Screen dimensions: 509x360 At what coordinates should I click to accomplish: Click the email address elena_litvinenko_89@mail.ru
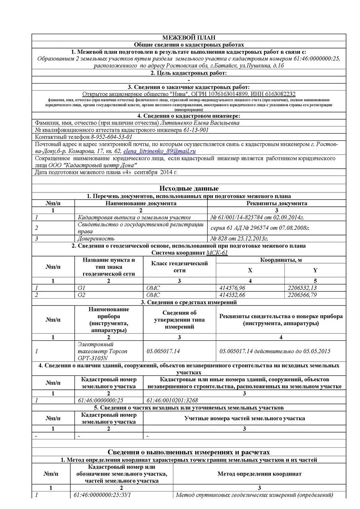(x=159, y=152)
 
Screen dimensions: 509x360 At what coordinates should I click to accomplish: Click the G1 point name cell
(x=82, y=288)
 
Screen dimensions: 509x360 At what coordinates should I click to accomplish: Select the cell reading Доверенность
(x=96, y=238)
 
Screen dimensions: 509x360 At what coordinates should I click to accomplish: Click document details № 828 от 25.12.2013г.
(x=239, y=238)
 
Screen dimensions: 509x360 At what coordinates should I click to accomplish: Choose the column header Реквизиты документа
(x=277, y=203)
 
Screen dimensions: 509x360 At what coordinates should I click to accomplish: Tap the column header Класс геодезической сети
(x=179, y=267)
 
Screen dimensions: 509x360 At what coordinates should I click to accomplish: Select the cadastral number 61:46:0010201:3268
(x=172, y=400)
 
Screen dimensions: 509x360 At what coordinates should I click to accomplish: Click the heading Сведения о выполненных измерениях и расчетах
(x=189, y=452)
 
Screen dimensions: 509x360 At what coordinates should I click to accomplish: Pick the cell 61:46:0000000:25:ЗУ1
(x=102, y=495)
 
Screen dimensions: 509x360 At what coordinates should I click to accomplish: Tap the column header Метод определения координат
(x=259, y=474)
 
